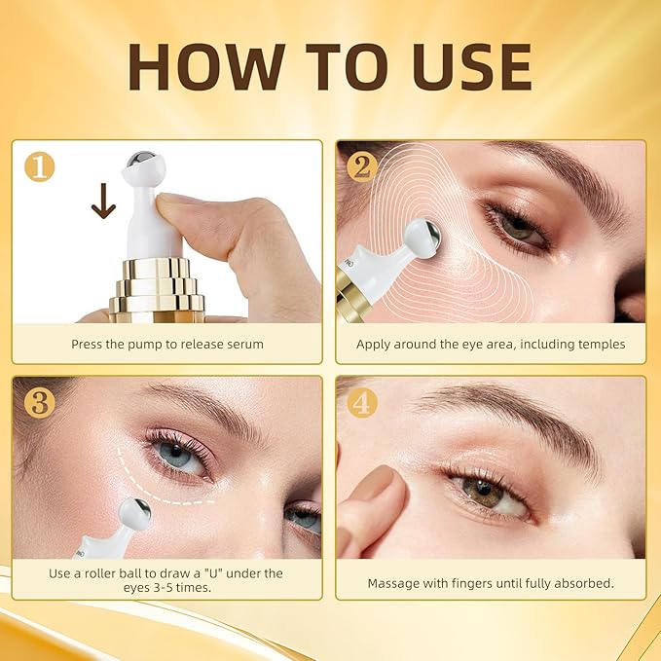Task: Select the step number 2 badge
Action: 361,166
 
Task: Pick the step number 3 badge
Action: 39,401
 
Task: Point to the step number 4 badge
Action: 361,401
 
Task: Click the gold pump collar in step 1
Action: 157,287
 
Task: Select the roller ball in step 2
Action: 422,239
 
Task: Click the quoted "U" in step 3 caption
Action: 210,573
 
